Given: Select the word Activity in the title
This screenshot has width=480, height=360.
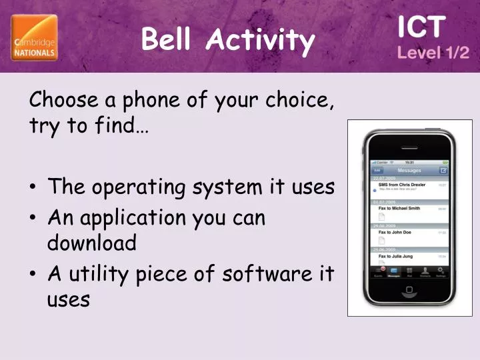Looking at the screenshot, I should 260,41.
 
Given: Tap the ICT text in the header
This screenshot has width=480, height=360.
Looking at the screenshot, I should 421,27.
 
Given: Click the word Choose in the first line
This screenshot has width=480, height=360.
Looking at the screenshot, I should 64,101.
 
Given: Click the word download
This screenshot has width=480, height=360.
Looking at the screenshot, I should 91,242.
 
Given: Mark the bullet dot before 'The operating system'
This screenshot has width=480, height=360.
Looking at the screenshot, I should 34,188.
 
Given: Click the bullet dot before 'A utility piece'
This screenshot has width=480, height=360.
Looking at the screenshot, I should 34,273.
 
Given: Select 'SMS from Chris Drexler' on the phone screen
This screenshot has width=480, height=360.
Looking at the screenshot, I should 402,185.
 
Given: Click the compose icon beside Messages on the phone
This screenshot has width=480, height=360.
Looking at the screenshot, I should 443,170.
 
